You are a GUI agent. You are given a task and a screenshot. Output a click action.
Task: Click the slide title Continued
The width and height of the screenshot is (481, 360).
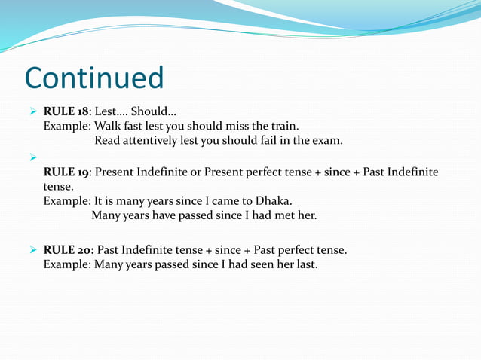[94, 78]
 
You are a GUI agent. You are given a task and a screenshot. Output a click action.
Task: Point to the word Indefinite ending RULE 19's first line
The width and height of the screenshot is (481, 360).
[410, 172]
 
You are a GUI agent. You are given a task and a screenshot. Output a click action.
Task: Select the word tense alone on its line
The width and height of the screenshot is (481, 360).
[57, 187]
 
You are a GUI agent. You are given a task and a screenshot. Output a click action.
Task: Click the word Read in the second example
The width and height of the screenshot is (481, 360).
[107, 141]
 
